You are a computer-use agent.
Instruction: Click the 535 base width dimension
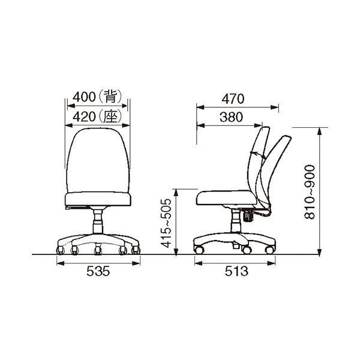(98, 272)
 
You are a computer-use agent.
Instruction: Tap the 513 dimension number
(236, 272)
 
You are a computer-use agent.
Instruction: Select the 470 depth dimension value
(233, 99)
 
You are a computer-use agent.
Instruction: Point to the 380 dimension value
(231, 117)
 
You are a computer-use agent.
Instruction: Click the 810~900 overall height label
(310, 192)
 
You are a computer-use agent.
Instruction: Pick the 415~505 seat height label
(166, 223)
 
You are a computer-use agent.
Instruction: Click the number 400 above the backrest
(84, 97)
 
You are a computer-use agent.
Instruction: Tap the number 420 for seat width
(84, 117)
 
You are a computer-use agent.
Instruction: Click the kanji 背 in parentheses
(110, 97)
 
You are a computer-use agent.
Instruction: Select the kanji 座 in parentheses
(110, 116)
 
